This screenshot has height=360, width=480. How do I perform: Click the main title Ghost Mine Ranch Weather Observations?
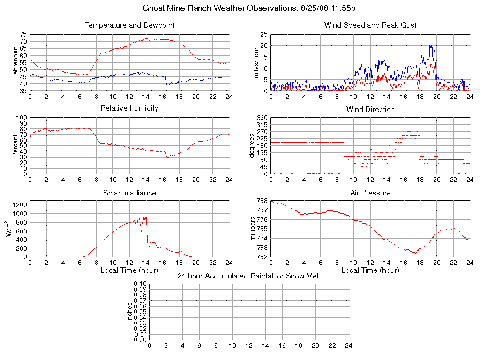[248, 8]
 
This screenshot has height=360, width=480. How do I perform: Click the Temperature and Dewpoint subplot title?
[129, 25]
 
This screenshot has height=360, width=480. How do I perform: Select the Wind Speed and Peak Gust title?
[370, 25]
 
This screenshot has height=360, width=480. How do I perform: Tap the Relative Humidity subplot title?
[129, 108]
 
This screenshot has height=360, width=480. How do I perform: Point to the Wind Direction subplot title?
[370, 109]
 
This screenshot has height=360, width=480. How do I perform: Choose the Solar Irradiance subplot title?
[129, 193]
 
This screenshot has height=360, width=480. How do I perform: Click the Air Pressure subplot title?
[370, 193]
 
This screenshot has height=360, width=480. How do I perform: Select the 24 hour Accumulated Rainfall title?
[249, 276]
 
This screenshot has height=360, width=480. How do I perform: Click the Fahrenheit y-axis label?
[15, 62]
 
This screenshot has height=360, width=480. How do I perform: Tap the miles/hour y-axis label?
[256, 62]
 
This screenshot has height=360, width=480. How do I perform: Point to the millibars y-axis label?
[253, 229]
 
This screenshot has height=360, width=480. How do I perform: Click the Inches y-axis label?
[130, 312]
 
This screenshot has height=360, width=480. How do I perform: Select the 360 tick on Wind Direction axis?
[261, 118]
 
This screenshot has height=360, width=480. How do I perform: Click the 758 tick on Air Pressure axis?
[262, 201]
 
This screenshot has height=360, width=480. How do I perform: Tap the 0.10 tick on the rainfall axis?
[140, 284]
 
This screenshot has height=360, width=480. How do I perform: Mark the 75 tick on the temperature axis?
[23, 35]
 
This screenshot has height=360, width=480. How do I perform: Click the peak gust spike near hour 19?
[430, 45]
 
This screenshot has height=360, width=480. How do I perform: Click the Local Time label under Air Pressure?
[370, 270]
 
